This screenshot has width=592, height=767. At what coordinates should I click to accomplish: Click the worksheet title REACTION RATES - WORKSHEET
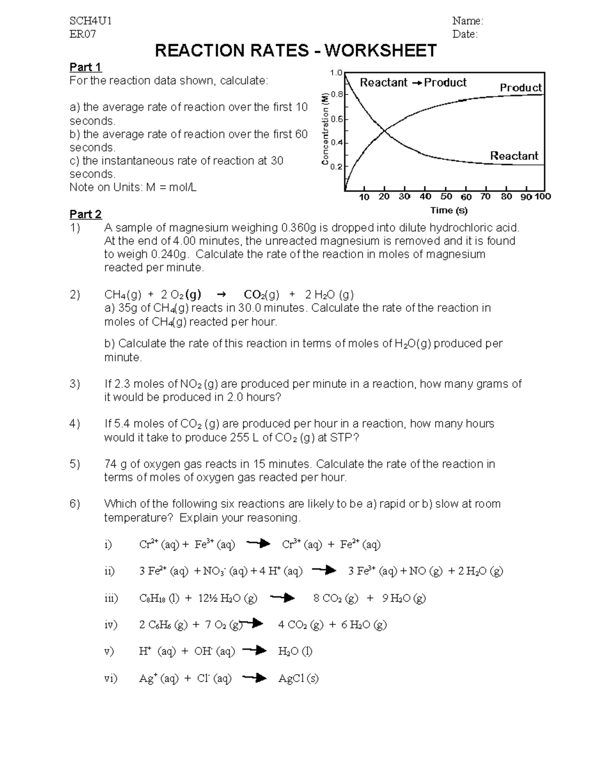[x=296, y=50]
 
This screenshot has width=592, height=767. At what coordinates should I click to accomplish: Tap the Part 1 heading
[x=85, y=67]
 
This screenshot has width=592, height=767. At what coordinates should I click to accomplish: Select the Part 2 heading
[x=85, y=214]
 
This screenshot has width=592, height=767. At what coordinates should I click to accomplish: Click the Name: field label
[x=468, y=21]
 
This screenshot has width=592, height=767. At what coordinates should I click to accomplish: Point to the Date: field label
[x=465, y=34]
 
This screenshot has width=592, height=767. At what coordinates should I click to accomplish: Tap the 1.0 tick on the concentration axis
[x=336, y=73]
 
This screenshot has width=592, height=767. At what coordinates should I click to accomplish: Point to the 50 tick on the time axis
[x=446, y=197]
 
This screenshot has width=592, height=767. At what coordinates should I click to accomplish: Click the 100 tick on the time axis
[x=543, y=197]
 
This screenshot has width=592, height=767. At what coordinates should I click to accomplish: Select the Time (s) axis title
[x=448, y=210]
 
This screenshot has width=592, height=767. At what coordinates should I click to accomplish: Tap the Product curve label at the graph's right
[x=520, y=88]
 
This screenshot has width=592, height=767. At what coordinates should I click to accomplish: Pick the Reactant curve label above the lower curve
[x=514, y=156]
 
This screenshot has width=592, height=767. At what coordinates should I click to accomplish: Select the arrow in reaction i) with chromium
[x=258, y=544]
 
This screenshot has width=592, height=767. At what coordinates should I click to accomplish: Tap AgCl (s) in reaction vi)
[x=298, y=679]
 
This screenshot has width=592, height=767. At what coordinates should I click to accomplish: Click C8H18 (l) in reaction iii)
[x=159, y=599]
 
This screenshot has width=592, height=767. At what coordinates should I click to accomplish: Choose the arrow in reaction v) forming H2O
[x=255, y=651]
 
